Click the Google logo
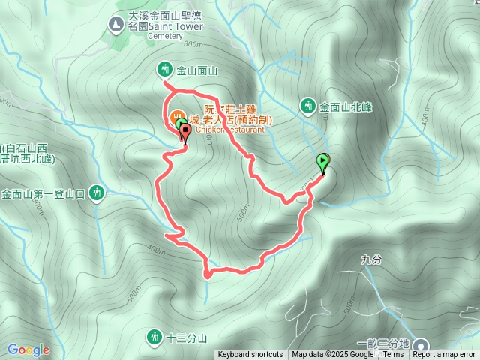[x=28, y=349]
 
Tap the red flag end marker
[x=185, y=133]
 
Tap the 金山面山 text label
[x=196, y=70]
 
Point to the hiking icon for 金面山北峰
[x=308, y=106]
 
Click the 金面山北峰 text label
[x=346, y=106]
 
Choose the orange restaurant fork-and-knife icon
[x=178, y=117]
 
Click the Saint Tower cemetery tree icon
[x=114, y=25]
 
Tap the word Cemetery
[x=166, y=35]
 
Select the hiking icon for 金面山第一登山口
[x=96, y=193]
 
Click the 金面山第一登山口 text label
[x=43, y=193]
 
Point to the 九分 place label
[x=370, y=259]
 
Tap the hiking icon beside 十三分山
[x=154, y=335]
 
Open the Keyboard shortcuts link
[x=250, y=355]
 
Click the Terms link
[x=393, y=355]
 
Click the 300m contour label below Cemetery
[x=193, y=44]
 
